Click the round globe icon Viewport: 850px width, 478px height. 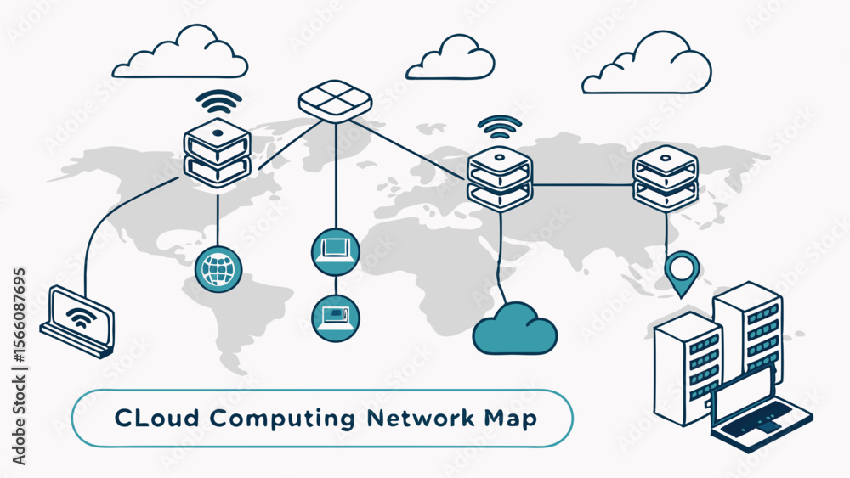tap(218, 267)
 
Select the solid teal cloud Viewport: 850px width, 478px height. tap(514, 329)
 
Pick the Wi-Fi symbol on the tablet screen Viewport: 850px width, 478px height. tap(82, 318)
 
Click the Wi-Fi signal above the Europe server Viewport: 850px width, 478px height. tap(500, 127)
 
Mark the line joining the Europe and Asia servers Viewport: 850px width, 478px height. tap(582, 184)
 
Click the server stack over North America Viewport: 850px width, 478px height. tap(218, 153)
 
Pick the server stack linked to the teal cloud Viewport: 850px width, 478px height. tap(500, 178)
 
